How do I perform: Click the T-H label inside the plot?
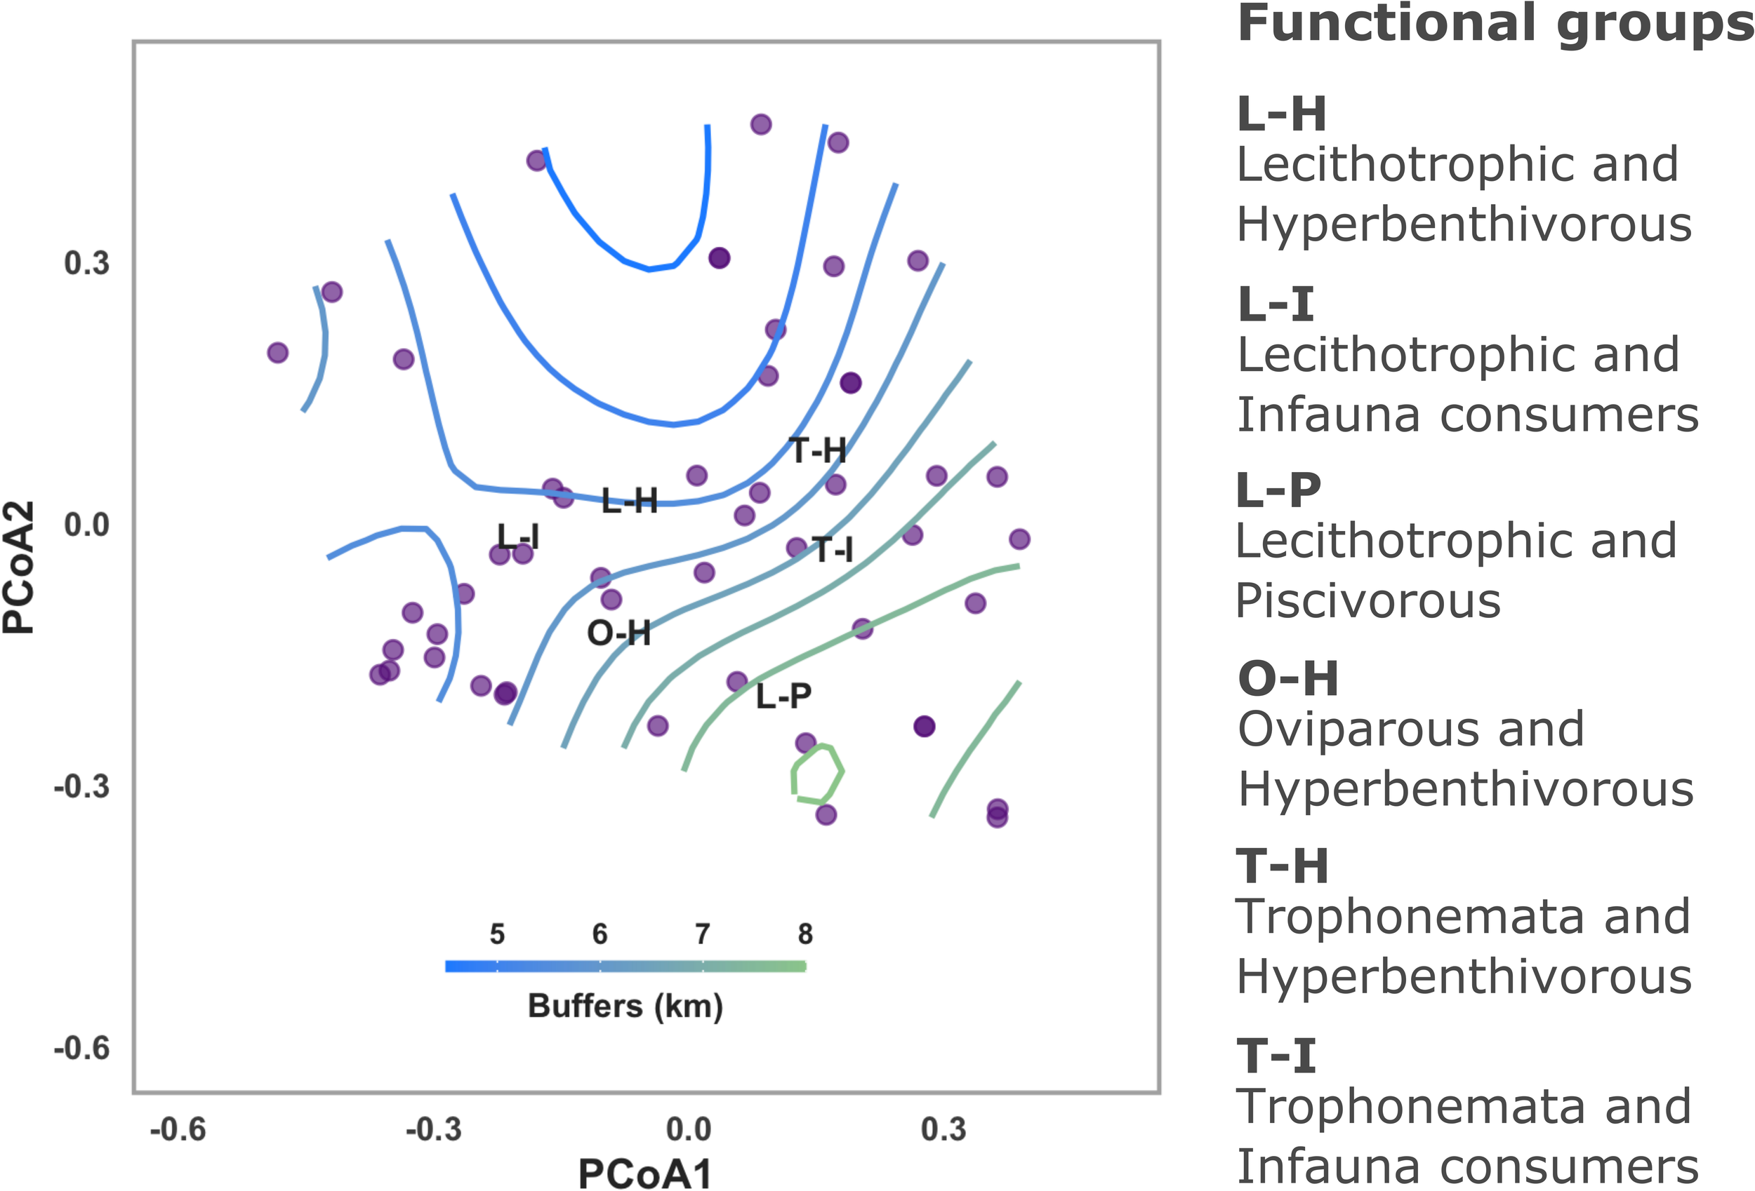pyautogui.click(x=818, y=450)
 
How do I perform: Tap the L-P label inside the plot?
pyautogui.click(x=783, y=696)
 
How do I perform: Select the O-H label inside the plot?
pyautogui.click(x=618, y=633)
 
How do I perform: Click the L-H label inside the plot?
pyautogui.click(x=629, y=500)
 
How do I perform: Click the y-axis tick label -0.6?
pyautogui.click(x=81, y=1049)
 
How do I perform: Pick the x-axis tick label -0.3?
pyautogui.click(x=433, y=1130)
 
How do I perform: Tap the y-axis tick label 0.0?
pyautogui.click(x=86, y=525)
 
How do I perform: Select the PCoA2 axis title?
pyautogui.click(x=19, y=566)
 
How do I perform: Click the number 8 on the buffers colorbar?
pyautogui.click(x=805, y=934)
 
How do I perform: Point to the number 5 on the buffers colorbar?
pyautogui.click(x=497, y=934)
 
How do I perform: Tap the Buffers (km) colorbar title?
pyautogui.click(x=625, y=1006)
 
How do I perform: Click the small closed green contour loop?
pyautogui.click(x=817, y=774)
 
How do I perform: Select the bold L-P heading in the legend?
pyautogui.click(x=1279, y=490)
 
